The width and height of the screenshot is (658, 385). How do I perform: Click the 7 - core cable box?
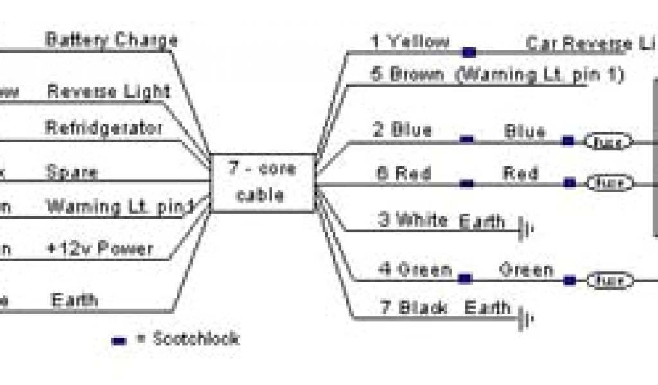click(263, 182)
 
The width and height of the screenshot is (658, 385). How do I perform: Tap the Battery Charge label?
click(111, 40)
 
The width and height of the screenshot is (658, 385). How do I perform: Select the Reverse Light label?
click(108, 91)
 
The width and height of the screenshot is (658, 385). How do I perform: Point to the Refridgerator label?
click(103, 128)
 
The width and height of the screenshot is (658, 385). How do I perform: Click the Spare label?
click(71, 172)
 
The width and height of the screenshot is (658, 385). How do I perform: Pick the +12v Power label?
click(99, 249)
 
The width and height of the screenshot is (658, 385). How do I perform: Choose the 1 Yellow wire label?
click(409, 42)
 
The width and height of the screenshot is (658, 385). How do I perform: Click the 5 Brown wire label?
click(407, 74)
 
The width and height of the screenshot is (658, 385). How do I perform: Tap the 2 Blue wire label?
click(402, 130)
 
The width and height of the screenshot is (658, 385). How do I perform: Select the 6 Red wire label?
click(403, 173)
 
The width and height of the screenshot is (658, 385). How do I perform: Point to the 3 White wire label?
click(412, 220)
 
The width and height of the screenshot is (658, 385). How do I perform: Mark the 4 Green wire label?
click(414, 269)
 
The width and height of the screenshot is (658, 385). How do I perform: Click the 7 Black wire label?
click(414, 308)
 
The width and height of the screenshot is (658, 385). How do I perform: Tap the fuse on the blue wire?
click(607, 141)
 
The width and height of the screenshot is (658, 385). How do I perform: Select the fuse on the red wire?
click(607, 184)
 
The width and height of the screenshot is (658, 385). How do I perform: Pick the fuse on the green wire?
click(607, 280)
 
